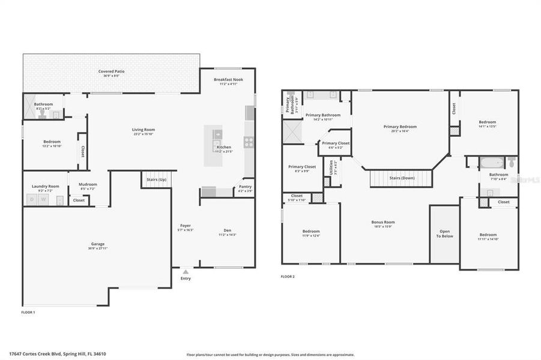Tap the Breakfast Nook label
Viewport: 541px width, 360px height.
(228, 79)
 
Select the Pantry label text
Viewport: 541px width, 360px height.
(245, 187)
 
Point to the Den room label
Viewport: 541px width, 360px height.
(228, 230)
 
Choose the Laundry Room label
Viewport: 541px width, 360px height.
(46, 186)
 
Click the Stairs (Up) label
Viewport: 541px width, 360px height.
(157, 178)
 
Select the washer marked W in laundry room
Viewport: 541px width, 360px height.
(42, 200)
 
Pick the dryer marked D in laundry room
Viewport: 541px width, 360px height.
(32, 200)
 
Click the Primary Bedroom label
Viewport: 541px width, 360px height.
(400, 127)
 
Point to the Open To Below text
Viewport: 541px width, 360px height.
(444, 233)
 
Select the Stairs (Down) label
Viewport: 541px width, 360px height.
(401, 178)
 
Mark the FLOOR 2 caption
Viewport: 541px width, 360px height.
(288, 277)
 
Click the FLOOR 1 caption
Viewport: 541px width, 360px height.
(28, 313)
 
